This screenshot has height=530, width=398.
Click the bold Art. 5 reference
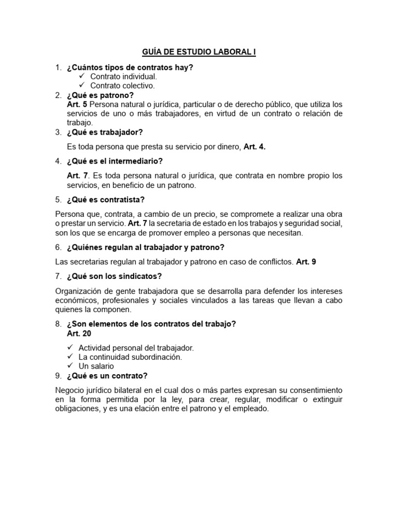[77, 105]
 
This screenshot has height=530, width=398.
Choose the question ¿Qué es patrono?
[100, 95]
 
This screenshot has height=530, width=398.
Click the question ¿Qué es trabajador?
[105, 132]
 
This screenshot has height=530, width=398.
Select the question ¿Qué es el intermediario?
[115, 161]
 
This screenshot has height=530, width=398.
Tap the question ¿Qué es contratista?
[106, 199]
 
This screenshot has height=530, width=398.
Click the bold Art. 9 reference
[306, 262]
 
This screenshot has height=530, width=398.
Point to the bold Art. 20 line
[79, 334]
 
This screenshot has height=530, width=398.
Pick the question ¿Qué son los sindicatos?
[111, 276]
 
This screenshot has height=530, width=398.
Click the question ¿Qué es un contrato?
[107, 376]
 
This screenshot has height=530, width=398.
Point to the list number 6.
[59, 247]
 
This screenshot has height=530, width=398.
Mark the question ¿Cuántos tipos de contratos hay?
[130, 67]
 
